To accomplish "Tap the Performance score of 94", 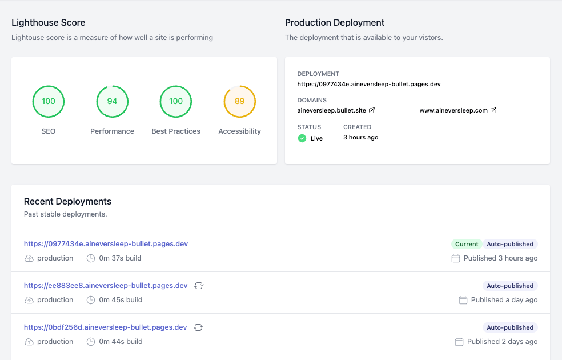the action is point(112,101).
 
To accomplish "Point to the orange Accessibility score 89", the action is point(239,101).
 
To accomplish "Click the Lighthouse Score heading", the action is point(49,23).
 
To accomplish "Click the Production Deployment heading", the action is point(335,23).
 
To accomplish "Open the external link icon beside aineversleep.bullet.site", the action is point(372,110).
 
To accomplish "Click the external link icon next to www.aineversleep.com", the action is point(493,110).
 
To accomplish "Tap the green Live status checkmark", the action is point(302,138).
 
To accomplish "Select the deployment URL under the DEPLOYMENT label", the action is point(369,84).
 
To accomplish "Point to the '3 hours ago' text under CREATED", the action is point(360,137).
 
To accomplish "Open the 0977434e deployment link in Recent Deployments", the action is point(106,244).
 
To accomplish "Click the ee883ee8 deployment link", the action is point(106,286).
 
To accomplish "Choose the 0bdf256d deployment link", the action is point(105,327).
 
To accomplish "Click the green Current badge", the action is point(467,244).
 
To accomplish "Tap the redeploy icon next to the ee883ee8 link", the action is point(199,286).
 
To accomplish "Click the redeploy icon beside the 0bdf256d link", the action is point(198,327).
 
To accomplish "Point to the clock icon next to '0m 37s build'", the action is point(91,258).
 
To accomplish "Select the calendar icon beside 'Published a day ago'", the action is point(463,300).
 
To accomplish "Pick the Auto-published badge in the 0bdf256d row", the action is point(510,327).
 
